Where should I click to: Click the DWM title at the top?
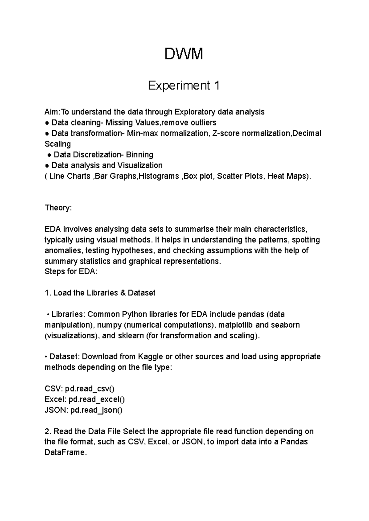tap(184, 54)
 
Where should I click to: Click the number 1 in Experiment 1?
tap(216, 86)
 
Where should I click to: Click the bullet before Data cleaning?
tap(47, 123)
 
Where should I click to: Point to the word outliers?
tap(203, 123)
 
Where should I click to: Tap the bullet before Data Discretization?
tap(49, 155)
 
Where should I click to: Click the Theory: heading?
tap(58, 208)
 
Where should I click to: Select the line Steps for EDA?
tap(71, 272)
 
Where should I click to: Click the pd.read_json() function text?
tap(96, 410)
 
